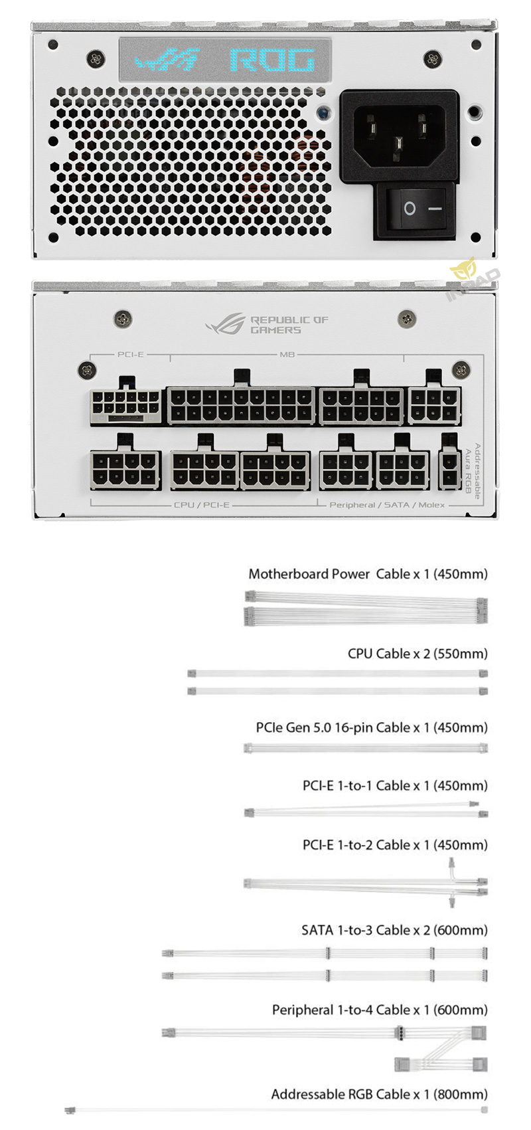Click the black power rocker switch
click(416, 209)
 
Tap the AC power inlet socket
click(398, 136)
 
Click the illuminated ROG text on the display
click(273, 61)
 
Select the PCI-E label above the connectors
click(130, 354)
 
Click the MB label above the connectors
click(287, 354)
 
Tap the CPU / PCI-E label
click(202, 505)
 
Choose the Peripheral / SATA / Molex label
click(387, 505)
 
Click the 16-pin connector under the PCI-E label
click(126, 406)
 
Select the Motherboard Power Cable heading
click(368, 574)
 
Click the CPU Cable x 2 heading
click(417, 654)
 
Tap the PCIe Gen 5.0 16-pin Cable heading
click(372, 727)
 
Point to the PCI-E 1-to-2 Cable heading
click(395, 845)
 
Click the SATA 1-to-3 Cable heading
click(394, 930)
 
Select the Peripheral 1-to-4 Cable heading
click(380, 1010)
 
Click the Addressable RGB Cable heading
click(379, 1094)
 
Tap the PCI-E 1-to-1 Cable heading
click(395, 786)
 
